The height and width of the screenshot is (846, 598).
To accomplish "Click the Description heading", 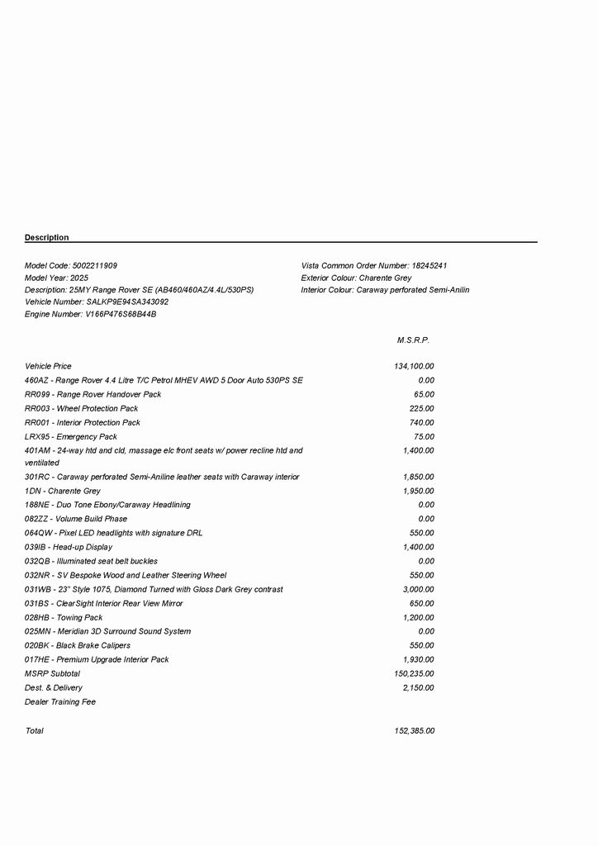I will [x=47, y=238].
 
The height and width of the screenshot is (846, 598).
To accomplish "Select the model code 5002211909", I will [x=95, y=266].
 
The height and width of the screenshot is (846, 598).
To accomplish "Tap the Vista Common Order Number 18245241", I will [x=430, y=266].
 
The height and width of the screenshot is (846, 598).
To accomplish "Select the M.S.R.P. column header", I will [x=413, y=340].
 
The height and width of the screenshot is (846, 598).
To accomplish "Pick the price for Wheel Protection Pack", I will [x=421, y=408].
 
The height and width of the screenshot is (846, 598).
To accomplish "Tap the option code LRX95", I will [x=36, y=436].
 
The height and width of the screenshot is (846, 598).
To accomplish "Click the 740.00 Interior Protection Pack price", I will [x=421, y=422].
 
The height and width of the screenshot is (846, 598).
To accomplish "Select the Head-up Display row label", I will [x=69, y=547].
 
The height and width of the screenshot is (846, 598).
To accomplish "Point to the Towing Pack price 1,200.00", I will [x=418, y=617].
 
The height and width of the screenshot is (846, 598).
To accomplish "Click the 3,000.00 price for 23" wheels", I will [x=418, y=589].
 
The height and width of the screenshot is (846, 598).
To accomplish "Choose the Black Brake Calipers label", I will [x=78, y=645].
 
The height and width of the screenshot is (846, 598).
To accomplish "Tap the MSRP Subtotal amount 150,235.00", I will [x=414, y=673].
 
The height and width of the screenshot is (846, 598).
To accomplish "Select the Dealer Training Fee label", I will [x=60, y=701].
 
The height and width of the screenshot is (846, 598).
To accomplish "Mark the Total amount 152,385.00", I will [x=414, y=731].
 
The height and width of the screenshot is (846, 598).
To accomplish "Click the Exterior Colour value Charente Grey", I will [x=385, y=278].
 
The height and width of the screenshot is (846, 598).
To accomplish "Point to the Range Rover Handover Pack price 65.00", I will [x=424, y=394].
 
